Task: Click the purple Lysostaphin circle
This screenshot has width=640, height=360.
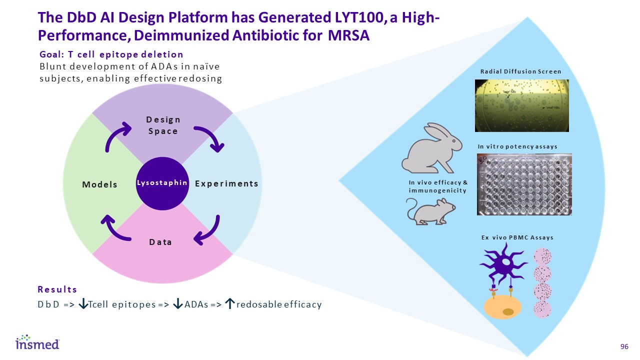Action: [161, 183]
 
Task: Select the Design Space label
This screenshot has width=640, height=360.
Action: [162, 125]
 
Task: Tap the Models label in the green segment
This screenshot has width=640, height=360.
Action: [99, 184]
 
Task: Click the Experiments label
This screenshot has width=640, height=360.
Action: [226, 183]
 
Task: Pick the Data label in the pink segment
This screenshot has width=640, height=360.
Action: [160, 242]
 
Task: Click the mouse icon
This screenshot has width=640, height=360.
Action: [431, 210]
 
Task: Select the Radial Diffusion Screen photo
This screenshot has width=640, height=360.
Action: [521, 105]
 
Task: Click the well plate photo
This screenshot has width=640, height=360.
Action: [523, 184]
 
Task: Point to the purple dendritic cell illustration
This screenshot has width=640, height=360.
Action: [502, 265]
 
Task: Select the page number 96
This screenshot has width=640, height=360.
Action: [624, 347]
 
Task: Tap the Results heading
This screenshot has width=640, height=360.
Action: [57, 289]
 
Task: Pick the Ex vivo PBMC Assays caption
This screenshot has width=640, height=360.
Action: [517, 237]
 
